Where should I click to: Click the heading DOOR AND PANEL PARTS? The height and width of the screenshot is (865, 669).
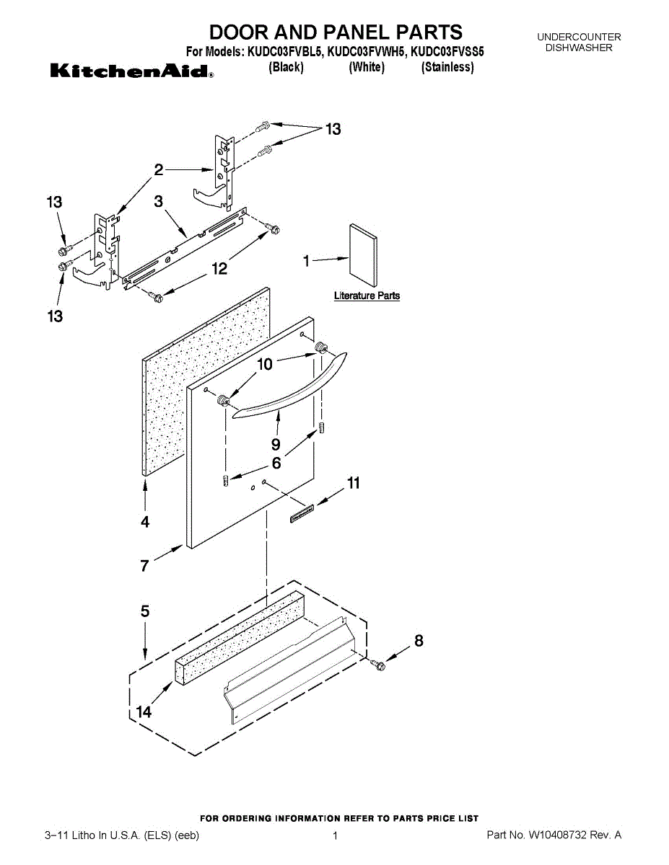coord(336,32)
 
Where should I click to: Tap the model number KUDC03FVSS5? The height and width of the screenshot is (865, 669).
coord(447,52)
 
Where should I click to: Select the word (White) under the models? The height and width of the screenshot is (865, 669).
coord(367,68)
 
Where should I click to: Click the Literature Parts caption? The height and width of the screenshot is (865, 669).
coord(367,296)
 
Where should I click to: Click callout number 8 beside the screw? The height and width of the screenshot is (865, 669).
coord(419,640)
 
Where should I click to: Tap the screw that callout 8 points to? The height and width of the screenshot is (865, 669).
coord(377,664)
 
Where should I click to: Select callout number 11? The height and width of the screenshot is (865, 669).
coord(354,483)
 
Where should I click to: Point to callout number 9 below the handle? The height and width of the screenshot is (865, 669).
coord(276,445)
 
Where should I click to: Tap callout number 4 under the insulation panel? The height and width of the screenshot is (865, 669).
coord(145,522)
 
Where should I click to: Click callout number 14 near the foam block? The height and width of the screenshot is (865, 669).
coord(144,712)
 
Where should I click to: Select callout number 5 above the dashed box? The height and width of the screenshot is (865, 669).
coord(145,611)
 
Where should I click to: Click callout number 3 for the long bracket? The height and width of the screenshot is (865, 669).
coord(159,203)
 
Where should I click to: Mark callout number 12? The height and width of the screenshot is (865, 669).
coord(219,269)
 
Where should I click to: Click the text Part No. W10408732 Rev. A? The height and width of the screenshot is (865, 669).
coord(554,835)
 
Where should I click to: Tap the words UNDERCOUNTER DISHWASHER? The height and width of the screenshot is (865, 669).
coord(579,42)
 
